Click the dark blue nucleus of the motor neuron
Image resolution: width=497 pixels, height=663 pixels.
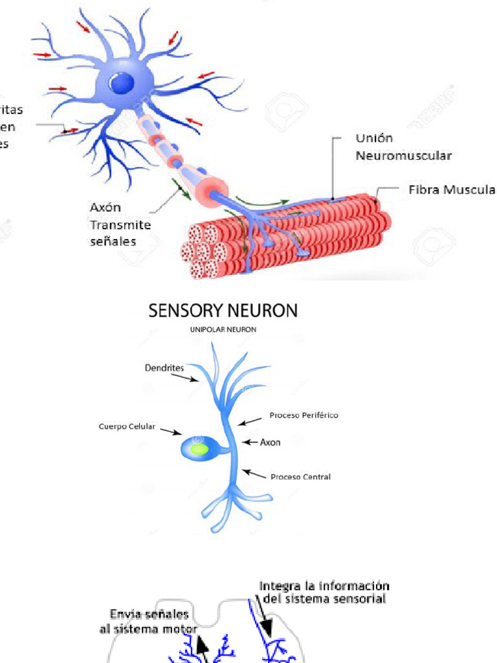(x=122, y=83)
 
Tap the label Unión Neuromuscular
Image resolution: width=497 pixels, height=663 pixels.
(x=403, y=147)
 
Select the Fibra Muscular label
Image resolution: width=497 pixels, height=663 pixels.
(x=452, y=190)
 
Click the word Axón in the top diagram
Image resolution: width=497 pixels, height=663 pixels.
(x=105, y=208)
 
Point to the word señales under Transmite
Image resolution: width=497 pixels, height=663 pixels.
(x=113, y=242)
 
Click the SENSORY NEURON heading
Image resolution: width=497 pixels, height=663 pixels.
(x=223, y=311)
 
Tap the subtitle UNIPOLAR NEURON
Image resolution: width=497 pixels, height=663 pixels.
(x=223, y=330)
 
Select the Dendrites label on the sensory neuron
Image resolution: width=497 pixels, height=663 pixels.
(x=164, y=368)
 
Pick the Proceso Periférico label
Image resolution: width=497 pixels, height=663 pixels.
(x=304, y=415)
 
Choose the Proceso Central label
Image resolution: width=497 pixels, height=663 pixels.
(x=300, y=477)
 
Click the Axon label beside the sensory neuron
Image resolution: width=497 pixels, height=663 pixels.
(x=270, y=444)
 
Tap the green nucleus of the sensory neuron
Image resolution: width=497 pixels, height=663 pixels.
(x=199, y=448)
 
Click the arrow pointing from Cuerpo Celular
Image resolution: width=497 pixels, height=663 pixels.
(x=169, y=431)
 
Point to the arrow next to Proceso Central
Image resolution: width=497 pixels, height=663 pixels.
(x=255, y=475)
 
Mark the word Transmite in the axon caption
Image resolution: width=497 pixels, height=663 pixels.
(x=120, y=225)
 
